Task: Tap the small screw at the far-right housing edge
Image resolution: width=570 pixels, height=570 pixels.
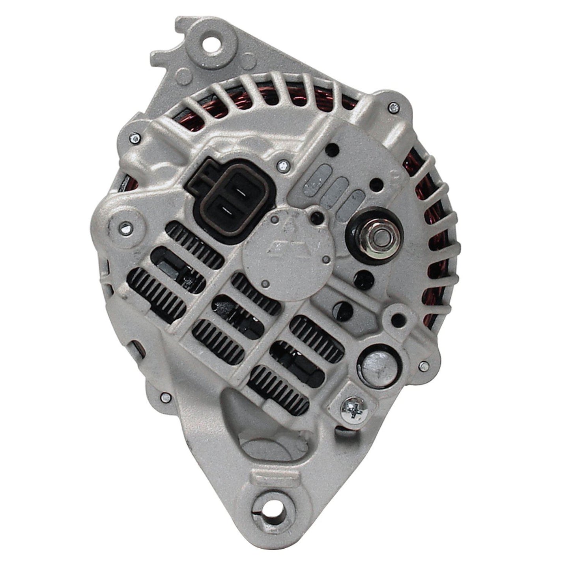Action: pos(422,366)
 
